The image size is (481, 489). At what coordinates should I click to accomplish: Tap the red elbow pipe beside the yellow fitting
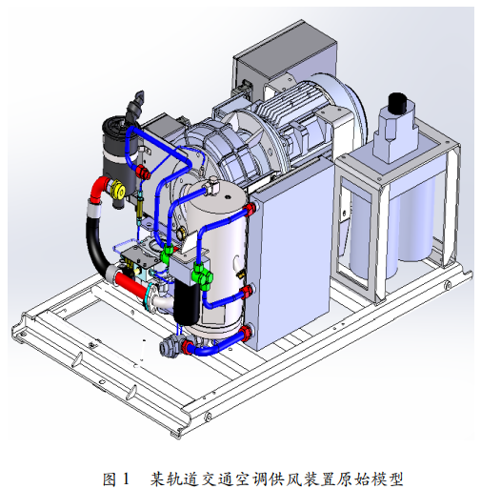pos(99,190)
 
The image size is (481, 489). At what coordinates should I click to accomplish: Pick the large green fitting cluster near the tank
pos(202,275)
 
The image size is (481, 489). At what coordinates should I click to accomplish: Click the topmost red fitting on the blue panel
pos(250,209)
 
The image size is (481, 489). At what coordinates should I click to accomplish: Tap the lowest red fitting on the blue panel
pos(246,334)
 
